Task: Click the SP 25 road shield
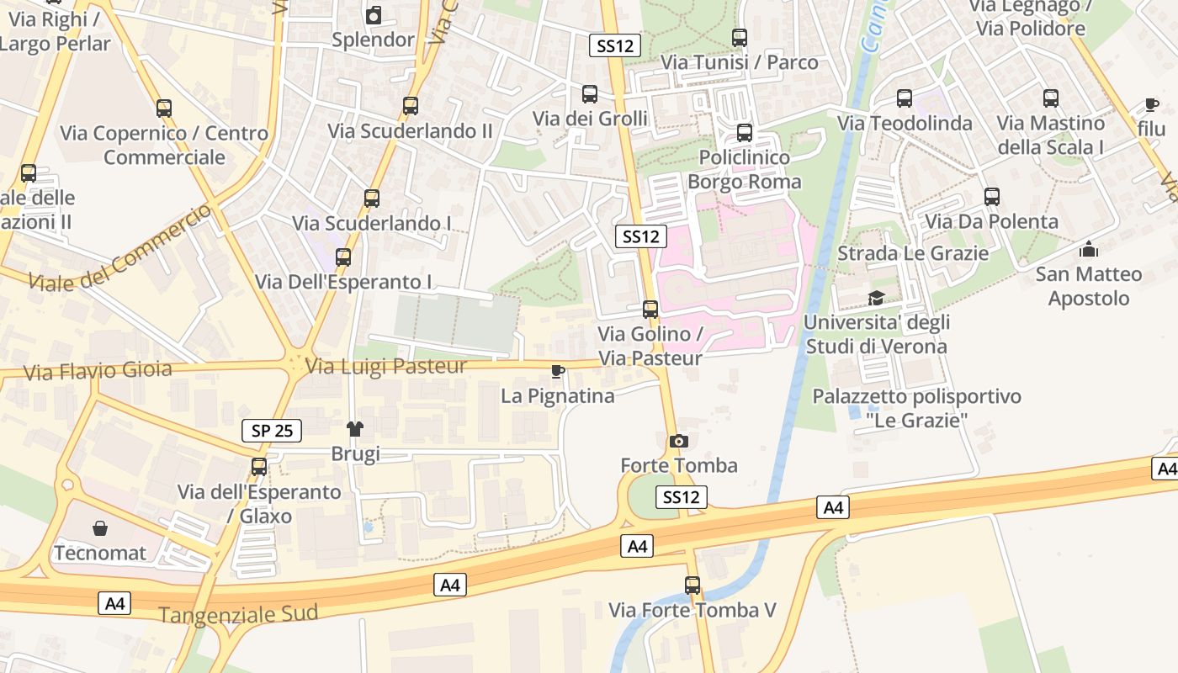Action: coord(272,431)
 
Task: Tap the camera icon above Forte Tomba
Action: coord(678,441)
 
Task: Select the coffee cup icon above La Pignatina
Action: coord(557,371)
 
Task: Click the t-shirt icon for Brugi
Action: coord(354,429)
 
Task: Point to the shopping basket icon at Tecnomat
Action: coord(100,528)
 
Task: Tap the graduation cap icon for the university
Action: coord(876,298)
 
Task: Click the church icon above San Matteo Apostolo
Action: coord(1089,249)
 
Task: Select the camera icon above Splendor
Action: coord(374,15)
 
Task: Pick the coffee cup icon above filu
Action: coord(1151,104)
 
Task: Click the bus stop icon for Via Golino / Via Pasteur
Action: coord(650,310)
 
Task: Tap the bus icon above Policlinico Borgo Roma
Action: coord(744,133)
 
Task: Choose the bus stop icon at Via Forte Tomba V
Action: coord(692,586)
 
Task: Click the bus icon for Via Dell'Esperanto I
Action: coord(342,257)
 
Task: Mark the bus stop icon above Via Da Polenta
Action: coord(991,197)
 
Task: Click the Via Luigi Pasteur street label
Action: coord(386,367)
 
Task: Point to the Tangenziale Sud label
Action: coord(238,614)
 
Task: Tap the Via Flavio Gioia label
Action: coord(98,370)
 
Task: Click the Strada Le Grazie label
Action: coord(913,253)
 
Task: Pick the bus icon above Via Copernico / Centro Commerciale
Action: coord(164,109)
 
